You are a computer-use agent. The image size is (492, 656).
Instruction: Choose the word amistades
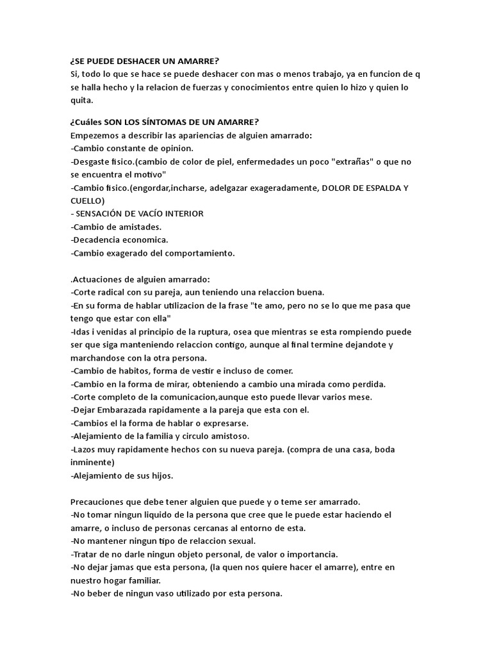coord(137,227)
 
